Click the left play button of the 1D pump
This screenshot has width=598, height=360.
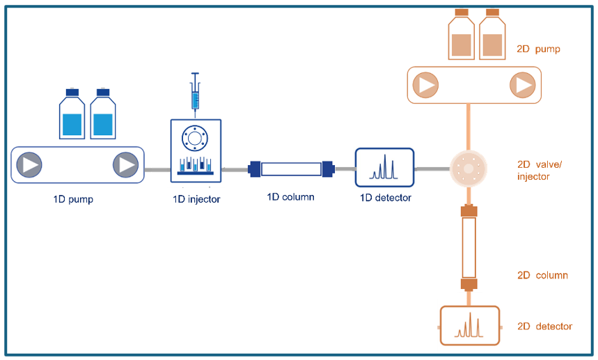point(29,165)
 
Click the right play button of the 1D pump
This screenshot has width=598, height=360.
point(125,165)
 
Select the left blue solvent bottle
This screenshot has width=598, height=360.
point(72,116)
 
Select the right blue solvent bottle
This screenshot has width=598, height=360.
point(103,116)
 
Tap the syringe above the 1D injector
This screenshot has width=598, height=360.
point(196,93)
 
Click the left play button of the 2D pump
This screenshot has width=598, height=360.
point(425,85)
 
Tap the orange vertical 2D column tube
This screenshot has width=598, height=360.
point(469,247)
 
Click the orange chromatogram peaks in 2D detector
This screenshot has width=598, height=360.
point(469,325)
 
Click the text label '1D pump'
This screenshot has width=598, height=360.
point(73,199)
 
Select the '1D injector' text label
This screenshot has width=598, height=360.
point(196,199)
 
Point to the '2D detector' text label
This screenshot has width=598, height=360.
point(544,326)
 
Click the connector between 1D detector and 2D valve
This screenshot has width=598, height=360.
point(432,169)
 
